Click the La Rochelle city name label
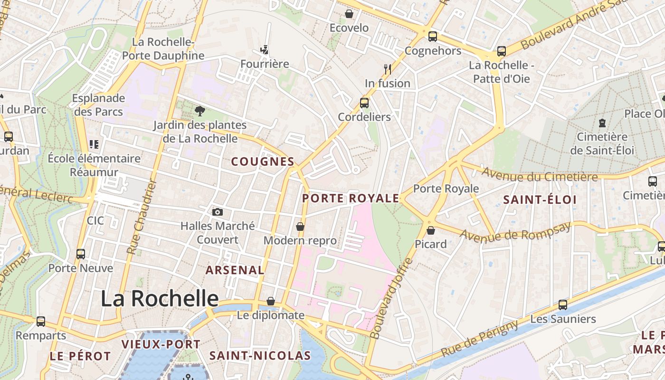coord(160,298)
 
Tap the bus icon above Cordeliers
coord(364,103)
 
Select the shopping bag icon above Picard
coord(431,230)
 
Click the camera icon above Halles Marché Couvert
coord(218,212)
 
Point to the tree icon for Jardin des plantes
coord(200,111)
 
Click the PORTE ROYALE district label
coord(351,199)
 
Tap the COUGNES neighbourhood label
coord(263,161)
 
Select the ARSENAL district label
coord(235,270)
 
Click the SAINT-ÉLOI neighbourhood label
coord(540,199)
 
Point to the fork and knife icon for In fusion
coord(388,69)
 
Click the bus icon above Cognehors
coord(433,37)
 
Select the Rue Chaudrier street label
coord(141,216)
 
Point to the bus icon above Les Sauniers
coord(563,304)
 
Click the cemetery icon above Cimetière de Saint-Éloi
coord(602,123)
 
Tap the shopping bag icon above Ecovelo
coord(349,14)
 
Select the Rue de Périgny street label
coord(480,339)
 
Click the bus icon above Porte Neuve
coord(81,254)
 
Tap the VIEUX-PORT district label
coord(161,344)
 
